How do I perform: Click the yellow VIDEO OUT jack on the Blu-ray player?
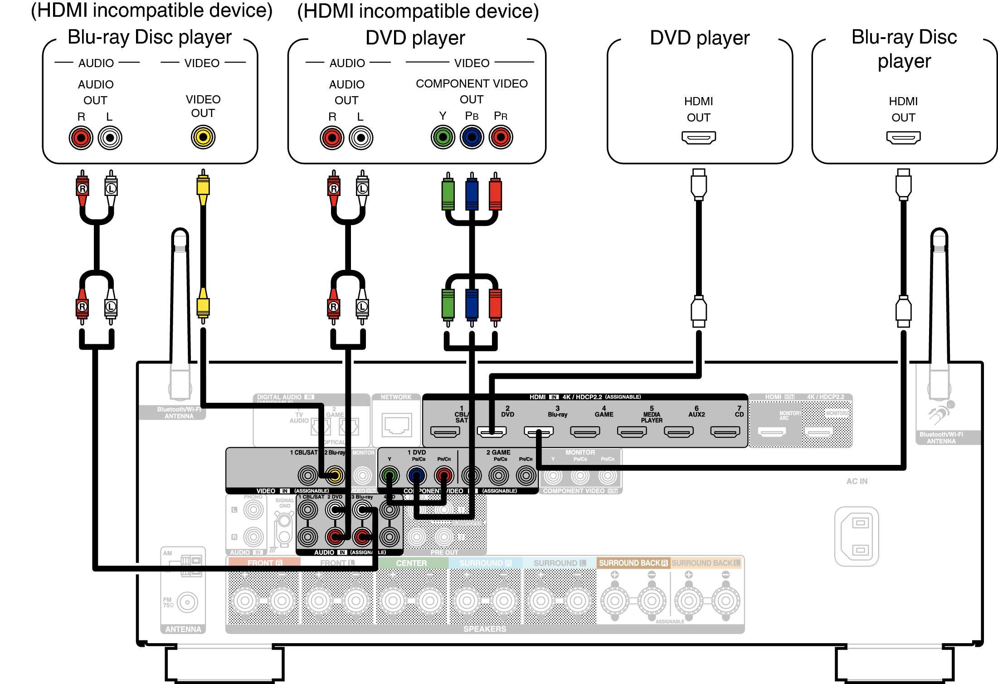(203, 137)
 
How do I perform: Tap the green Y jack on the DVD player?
(443, 137)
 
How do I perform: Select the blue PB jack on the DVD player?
(472, 137)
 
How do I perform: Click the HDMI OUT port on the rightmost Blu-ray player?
(903, 137)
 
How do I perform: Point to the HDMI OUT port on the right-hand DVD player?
(698, 137)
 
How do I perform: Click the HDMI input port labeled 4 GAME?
(585, 432)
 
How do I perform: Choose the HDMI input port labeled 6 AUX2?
(678, 432)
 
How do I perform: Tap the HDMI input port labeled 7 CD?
(725, 432)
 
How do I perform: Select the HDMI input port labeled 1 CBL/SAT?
(445, 432)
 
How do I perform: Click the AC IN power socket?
(857, 536)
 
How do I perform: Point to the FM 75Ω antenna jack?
(187, 602)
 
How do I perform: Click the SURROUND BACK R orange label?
(633, 563)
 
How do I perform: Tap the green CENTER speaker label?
(411, 563)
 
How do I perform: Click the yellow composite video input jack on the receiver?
(335, 475)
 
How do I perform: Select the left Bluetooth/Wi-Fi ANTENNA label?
(179, 412)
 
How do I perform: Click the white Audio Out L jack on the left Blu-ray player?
(110, 138)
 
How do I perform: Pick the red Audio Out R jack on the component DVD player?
(332, 138)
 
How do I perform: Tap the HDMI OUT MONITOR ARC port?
(772, 432)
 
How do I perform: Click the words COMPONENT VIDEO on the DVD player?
(472, 83)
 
